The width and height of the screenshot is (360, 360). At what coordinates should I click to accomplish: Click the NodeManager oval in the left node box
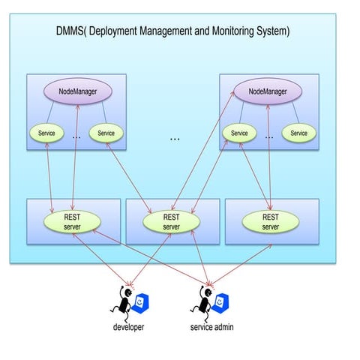(x=78, y=91)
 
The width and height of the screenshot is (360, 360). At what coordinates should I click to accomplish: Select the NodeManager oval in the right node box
(x=268, y=91)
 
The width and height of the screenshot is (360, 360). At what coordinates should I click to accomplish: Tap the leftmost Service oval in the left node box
(x=46, y=133)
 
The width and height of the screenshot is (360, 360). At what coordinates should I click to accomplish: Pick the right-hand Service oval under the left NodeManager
(x=106, y=133)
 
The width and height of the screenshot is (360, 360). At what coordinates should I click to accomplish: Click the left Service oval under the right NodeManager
(x=239, y=133)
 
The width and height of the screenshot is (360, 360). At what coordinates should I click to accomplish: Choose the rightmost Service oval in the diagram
(x=299, y=133)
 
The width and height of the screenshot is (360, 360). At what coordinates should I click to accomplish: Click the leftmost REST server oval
(x=72, y=222)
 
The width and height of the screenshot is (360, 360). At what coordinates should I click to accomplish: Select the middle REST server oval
(x=171, y=222)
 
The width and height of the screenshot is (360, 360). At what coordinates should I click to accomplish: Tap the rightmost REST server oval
(x=271, y=222)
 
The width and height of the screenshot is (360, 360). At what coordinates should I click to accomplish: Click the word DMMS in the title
(x=70, y=31)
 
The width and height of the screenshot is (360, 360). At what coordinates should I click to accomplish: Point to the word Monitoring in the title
(x=232, y=31)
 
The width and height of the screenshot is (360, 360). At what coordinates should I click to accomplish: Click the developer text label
(x=128, y=327)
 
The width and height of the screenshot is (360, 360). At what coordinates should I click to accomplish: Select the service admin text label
(x=211, y=327)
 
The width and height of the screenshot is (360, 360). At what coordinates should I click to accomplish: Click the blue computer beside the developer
(x=140, y=304)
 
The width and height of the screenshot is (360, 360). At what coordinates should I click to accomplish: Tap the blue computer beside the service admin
(x=220, y=304)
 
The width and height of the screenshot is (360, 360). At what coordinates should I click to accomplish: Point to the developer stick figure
(x=123, y=304)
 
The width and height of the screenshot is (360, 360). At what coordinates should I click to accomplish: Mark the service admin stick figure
(x=202, y=304)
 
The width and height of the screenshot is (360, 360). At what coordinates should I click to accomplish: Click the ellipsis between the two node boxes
(x=175, y=139)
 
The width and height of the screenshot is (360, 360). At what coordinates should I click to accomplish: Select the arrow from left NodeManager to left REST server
(x=75, y=157)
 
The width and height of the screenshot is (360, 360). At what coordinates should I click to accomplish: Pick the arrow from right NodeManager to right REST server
(x=269, y=157)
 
